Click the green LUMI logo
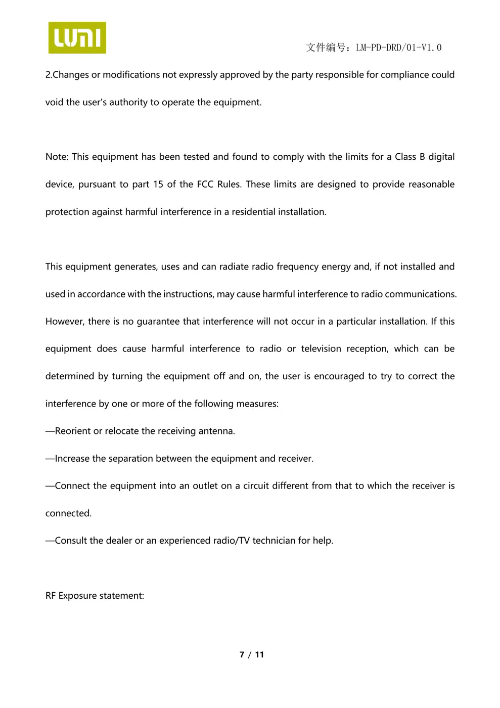click(x=77, y=37)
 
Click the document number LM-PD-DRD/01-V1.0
click(x=398, y=48)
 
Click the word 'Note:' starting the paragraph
click(x=57, y=157)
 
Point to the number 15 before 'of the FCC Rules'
click(x=158, y=184)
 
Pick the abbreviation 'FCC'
click(x=205, y=184)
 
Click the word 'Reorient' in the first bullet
click(x=72, y=431)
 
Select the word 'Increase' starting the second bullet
click(x=72, y=459)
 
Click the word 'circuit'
click(x=255, y=486)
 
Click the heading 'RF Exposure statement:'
click(x=95, y=596)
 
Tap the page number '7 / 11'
click(x=251, y=655)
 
